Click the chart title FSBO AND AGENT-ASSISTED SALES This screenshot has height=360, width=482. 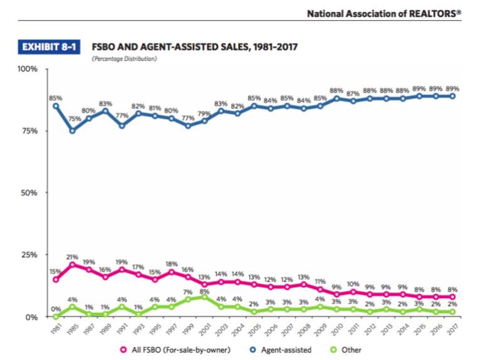pos(194,47)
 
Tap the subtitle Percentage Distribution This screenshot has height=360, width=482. pos(124,59)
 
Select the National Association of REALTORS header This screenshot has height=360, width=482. pos(383,13)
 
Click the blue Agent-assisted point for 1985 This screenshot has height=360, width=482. pos(73,131)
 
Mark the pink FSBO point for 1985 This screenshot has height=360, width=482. pos(73,265)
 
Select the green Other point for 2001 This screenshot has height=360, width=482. pos(203,297)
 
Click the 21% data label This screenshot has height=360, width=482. pos(73,257)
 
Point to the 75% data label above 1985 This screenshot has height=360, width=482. pos(75,119)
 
